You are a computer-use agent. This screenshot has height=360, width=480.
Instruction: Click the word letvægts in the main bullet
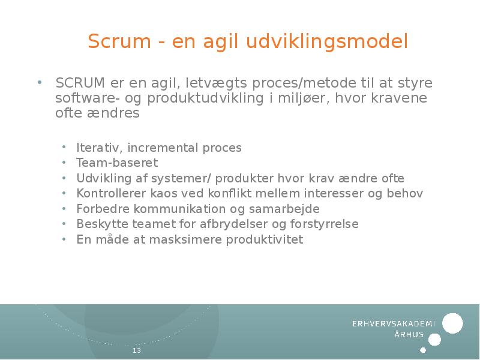click(215, 82)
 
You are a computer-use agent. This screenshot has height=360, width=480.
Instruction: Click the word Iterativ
click(99, 148)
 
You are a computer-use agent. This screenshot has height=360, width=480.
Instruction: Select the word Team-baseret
click(117, 163)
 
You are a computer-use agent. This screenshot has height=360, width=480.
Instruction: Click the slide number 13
click(137, 350)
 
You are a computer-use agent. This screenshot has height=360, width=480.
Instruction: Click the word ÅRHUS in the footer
click(409, 335)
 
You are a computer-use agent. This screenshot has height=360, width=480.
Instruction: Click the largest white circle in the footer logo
click(452, 323)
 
